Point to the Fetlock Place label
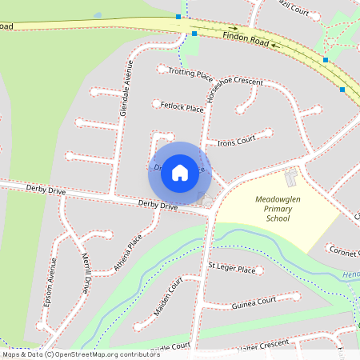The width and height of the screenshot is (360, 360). pyautogui.click(x=178, y=106)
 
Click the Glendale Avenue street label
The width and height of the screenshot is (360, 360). pyautogui.click(x=125, y=94)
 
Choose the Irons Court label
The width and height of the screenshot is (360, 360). pyautogui.click(x=236, y=139)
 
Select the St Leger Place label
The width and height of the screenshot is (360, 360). pyautogui.click(x=231, y=270)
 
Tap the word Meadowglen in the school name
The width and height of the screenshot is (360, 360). pyautogui.click(x=276, y=198)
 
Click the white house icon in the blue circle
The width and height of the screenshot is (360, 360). pyautogui.click(x=180, y=172)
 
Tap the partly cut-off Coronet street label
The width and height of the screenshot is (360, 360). pyautogui.click(x=343, y=250)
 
